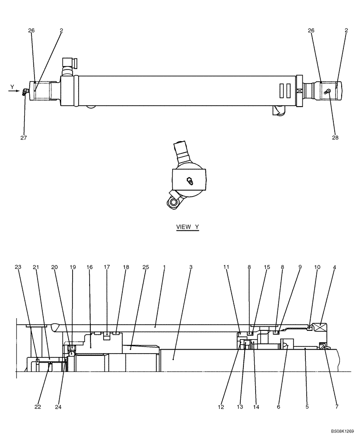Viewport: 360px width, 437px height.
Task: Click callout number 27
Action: (x=24, y=138)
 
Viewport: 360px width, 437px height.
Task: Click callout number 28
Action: (x=335, y=138)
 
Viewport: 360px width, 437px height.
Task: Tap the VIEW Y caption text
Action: (x=187, y=227)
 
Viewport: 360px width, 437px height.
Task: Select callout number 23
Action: (x=17, y=267)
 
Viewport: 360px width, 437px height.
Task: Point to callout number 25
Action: (x=145, y=267)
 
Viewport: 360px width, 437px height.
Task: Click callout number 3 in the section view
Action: (x=190, y=267)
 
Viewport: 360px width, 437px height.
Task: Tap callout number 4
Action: (x=334, y=267)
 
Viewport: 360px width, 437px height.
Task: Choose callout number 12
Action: (x=221, y=407)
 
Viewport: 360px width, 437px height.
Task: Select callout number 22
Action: (x=38, y=407)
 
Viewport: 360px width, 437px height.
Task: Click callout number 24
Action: (x=59, y=407)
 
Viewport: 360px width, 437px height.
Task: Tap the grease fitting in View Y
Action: (x=190, y=180)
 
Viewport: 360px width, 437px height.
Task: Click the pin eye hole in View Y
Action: (x=173, y=202)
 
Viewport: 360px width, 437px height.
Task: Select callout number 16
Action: (x=90, y=267)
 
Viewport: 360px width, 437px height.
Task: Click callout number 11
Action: (x=226, y=267)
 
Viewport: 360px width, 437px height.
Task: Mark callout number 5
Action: (x=307, y=407)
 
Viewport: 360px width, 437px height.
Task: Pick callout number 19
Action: (x=73, y=267)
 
